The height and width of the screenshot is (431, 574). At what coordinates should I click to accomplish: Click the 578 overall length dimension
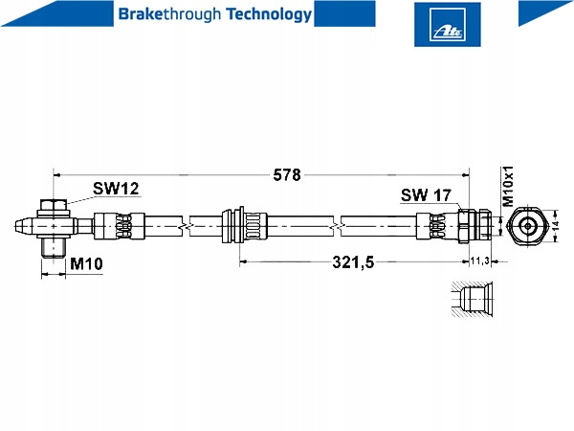(287, 175)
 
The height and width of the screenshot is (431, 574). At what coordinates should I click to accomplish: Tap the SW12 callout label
(117, 190)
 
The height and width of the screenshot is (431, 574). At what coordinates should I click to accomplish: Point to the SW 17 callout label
(426, 194)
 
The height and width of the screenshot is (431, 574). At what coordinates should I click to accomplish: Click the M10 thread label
(87, 263)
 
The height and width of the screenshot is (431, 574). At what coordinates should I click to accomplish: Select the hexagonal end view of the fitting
(525, 228)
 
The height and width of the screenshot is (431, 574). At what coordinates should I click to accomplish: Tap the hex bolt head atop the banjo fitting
(54, 204)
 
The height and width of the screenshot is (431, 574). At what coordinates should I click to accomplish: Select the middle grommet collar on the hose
(240, 228)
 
